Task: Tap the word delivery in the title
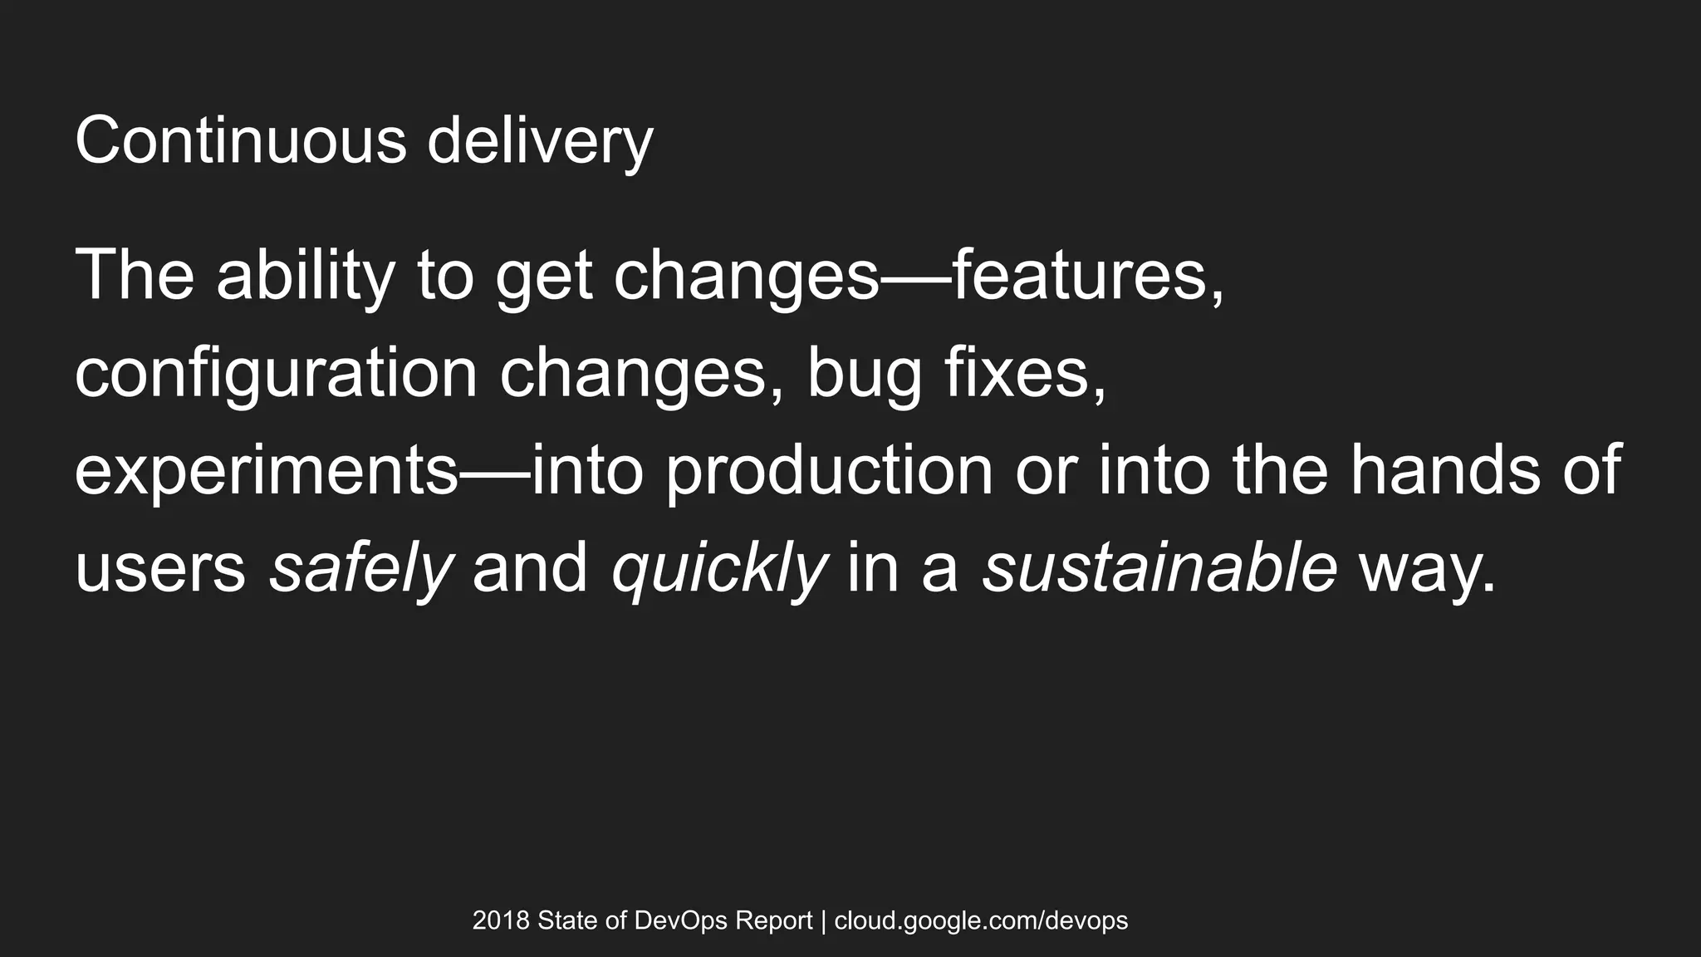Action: [540, 143]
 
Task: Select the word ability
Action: [305, 276]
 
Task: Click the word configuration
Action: [276, 374]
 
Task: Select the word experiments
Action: [266, 472]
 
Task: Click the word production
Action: [830, 472]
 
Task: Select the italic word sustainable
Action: [1159, 568]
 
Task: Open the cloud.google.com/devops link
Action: [981, 920]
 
